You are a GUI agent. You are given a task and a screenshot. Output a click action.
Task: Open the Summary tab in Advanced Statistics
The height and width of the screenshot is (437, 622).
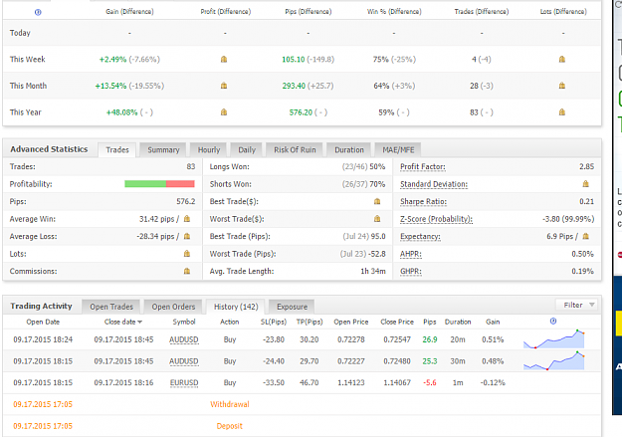tap(163, 150)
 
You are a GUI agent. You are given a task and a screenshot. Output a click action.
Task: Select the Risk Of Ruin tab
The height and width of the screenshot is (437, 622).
tap(295, 150)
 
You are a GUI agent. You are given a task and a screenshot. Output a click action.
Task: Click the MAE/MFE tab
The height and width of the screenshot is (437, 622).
tap(398, 150)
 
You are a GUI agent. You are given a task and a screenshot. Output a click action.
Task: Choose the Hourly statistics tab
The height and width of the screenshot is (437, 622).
tap(209, 150)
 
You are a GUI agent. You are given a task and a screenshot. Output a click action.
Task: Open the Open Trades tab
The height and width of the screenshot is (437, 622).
tap(111, 307)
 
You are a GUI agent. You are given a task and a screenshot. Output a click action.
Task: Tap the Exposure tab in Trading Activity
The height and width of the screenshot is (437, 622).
tap(292, 307)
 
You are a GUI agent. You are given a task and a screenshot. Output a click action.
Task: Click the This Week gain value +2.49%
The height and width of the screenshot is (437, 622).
tap(112, 60)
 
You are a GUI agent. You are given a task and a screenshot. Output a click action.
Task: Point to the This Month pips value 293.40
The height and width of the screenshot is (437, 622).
tap(294, 86)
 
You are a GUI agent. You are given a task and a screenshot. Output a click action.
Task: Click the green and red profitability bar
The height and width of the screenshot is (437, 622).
tap(159, 184)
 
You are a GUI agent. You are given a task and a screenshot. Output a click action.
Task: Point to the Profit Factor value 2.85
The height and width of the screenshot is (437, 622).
tap(586, 166)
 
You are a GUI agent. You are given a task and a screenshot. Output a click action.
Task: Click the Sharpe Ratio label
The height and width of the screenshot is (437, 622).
tap(423, 202)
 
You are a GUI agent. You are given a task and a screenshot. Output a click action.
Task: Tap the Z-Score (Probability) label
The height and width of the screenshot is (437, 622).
tap(436, 219)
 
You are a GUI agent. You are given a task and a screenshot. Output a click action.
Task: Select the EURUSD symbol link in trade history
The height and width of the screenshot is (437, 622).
tap(184, 383)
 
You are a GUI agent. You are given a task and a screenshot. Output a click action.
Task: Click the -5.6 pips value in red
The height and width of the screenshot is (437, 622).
tap(430, 383)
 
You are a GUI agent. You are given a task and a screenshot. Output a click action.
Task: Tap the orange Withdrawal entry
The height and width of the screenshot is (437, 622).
tap(230, 404)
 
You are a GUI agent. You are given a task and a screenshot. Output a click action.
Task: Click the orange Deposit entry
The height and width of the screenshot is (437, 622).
tap(229, 426)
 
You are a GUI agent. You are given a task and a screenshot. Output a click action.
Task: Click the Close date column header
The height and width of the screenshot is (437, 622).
tap(123, 322)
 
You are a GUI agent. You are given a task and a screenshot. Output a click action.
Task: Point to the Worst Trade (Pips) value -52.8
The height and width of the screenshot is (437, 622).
tap(376, 254)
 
